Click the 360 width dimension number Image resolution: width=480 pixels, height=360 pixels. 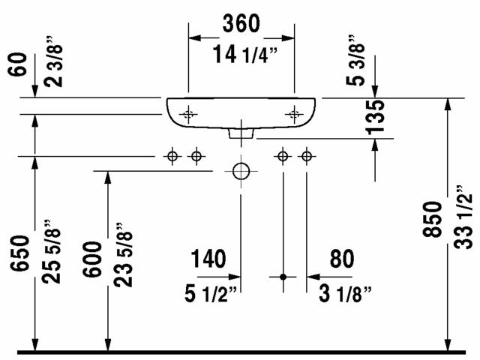(241, 23)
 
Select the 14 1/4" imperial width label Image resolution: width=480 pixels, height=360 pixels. (245, 54)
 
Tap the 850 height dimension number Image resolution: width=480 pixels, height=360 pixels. (432, 219)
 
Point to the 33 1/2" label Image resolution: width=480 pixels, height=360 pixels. (463, 217)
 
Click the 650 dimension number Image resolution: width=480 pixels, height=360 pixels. (20, 253)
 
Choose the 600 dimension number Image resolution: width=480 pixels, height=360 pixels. (92, 259)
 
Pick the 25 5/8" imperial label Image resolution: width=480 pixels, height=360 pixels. (52, 252)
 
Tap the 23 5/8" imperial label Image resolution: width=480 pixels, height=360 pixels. (123, 255)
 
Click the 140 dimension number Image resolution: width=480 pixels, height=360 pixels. (208, 259)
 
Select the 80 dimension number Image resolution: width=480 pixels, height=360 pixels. (342, 259)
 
